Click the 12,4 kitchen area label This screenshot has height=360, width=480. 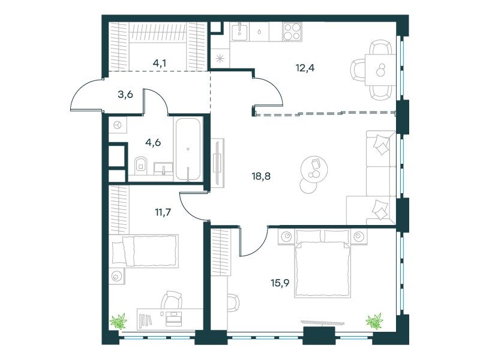pyautogui.click(x=305, y=68)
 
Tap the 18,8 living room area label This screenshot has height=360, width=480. pyautogui.click(x=261, y=176)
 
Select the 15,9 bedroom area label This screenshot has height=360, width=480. pyautogui.click(x=280, y=283)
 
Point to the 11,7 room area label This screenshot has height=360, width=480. pyautogui.click(x=163, y=212)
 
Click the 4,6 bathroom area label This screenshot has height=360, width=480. pyautogui.click(x=153, y=142)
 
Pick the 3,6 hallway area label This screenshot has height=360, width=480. pyautogui.click(x=125, y=94)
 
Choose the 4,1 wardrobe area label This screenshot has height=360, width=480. pyautogui.click(x=160, y=63)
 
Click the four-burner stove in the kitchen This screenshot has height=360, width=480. pyautogui.click(x=292, y=32)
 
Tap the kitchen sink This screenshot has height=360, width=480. pyautogui.click(x=239, y=32)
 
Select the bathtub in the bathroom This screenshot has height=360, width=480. pyautogui.click(x=188, y=149)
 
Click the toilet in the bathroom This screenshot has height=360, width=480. pyautogui.click(x=141, y=166)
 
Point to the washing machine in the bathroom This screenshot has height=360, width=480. pyautogui.click(x=118, y=125)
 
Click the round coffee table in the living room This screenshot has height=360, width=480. pyautogui.click(x=314, y=170)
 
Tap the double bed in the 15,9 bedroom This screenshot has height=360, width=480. pyautogui.click(x=322, y=263)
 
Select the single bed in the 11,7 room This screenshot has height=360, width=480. pyautogui.click(x=144, y=251)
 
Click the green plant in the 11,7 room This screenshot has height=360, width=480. pyautogui.click(x=118, y=321)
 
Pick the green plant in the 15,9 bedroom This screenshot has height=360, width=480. pyautogui.click(x=374, y=321)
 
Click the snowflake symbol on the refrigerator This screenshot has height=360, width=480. pyautogui.click(x=220, y=58)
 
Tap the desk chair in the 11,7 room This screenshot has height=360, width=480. pyautogui.click(x=172, y=299)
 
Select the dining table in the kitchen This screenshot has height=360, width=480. pyautogui.click(x=380, y=70)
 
